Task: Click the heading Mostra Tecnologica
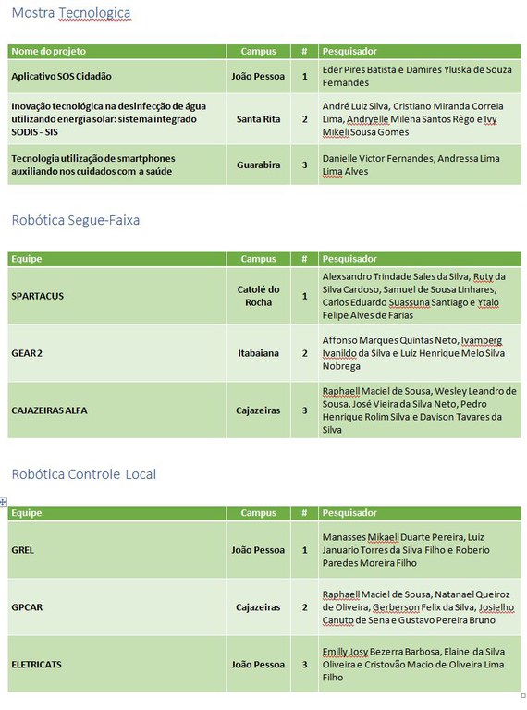tap(71, 13)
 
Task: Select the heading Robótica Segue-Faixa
tap(76, 220)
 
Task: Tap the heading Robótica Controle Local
tap(84, 474)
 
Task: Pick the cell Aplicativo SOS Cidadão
tap(62, 76)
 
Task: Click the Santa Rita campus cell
tap(258, 119)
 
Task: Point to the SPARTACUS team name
tap(38, 296)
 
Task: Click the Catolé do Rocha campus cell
tap(258, 296)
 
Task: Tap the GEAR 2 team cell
tap(27, 353)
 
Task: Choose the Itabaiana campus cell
tap(258, 353)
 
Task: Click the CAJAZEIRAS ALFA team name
tap(50, 410)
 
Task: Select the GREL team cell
tap(23, 550)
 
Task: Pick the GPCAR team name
tap(27, 607)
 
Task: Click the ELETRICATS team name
tap(37, 665)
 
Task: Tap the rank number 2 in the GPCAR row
tap(305, 607)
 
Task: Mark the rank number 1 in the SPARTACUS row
tap(305, 296)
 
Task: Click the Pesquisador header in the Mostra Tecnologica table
tap(349, 51)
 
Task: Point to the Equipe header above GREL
tap(27, 512)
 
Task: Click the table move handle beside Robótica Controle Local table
tap(4, 501)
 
